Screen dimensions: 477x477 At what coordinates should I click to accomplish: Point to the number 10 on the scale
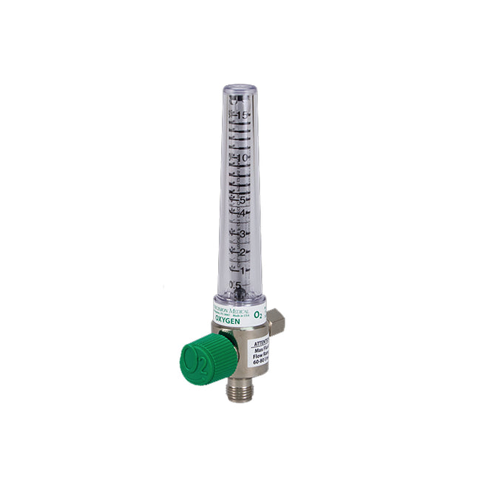click(x=242, y=158)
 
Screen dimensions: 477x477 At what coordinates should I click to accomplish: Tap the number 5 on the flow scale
click(x=242, y=199)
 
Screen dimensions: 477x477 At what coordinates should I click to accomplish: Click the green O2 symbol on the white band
click(x=258, y=314)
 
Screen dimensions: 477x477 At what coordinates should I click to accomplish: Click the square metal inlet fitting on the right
click(x=277, y=320)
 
